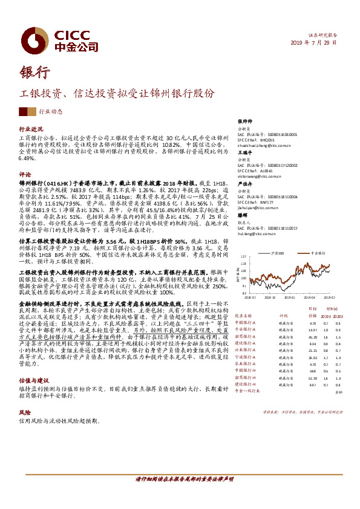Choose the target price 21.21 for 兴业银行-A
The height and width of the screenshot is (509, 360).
(x=313, y=351)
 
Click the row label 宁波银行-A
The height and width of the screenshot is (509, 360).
(x=246, y=357)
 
